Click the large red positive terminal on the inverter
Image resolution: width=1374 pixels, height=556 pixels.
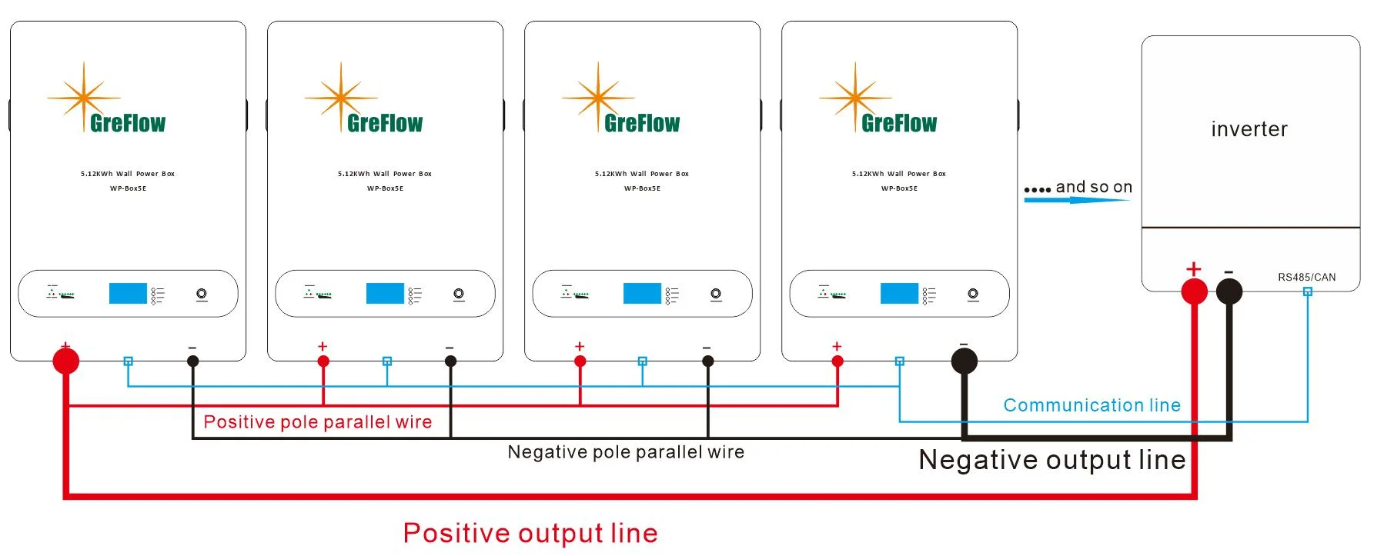(1194, 291)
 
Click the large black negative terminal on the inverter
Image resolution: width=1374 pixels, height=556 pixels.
(1229, 291)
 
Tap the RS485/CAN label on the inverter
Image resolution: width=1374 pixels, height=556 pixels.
(1306, 277)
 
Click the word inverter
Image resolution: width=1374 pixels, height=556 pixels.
(1249, 129)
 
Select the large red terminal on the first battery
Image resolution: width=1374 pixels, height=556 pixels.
(66, 360)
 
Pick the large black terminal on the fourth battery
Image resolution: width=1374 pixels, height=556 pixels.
(964, 360)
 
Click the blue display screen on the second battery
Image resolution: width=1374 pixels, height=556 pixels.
(385, 293)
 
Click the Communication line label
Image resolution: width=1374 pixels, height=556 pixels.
(1092, 405)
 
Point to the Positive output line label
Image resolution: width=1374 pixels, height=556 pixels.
(530, 533)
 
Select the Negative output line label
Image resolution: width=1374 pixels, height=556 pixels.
(1051, 460)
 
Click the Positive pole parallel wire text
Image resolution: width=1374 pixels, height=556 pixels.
(317, 422)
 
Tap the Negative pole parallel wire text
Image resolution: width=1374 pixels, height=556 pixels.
(626, 452)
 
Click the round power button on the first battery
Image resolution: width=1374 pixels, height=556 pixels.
(202, 294)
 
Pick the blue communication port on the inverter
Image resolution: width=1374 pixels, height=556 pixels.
(1307, 291)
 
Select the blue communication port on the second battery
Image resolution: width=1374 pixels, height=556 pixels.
(387, 361)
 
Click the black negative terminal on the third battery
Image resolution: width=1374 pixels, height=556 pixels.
(708, 361)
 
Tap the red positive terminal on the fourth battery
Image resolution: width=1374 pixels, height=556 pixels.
(837, 361)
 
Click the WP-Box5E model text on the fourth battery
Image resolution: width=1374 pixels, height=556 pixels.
(899, 188)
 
